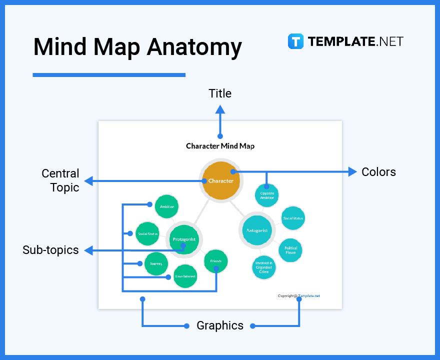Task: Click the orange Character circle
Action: click(x=220, y=180)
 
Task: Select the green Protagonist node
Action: click(x=184, y=239)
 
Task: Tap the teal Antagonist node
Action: click(x=257, y=230)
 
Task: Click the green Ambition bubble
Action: click(x=166, y=206)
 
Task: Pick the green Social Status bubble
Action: click(x=147, y=234)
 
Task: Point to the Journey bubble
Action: click(x=156, y=263)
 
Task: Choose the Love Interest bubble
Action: click(x=185, y=276)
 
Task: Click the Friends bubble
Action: click(x=215, y=261)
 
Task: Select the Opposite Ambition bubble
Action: click(x=267, y=195)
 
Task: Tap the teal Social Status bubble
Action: click(x=292, y=218)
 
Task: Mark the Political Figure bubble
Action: click(x=290, y=250)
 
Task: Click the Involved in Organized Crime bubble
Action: click(x=263, y=267)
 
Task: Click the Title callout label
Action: click(x=220, y=93)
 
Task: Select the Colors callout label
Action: click(x=378, y=172)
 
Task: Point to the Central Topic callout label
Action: click(x=60, y=180)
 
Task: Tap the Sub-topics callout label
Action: click(x=50, y=250)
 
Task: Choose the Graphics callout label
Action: click(x=220, y=326)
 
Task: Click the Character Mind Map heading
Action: click(x=220, y=146)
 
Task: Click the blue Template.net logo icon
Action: click(x=295, y=41)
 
